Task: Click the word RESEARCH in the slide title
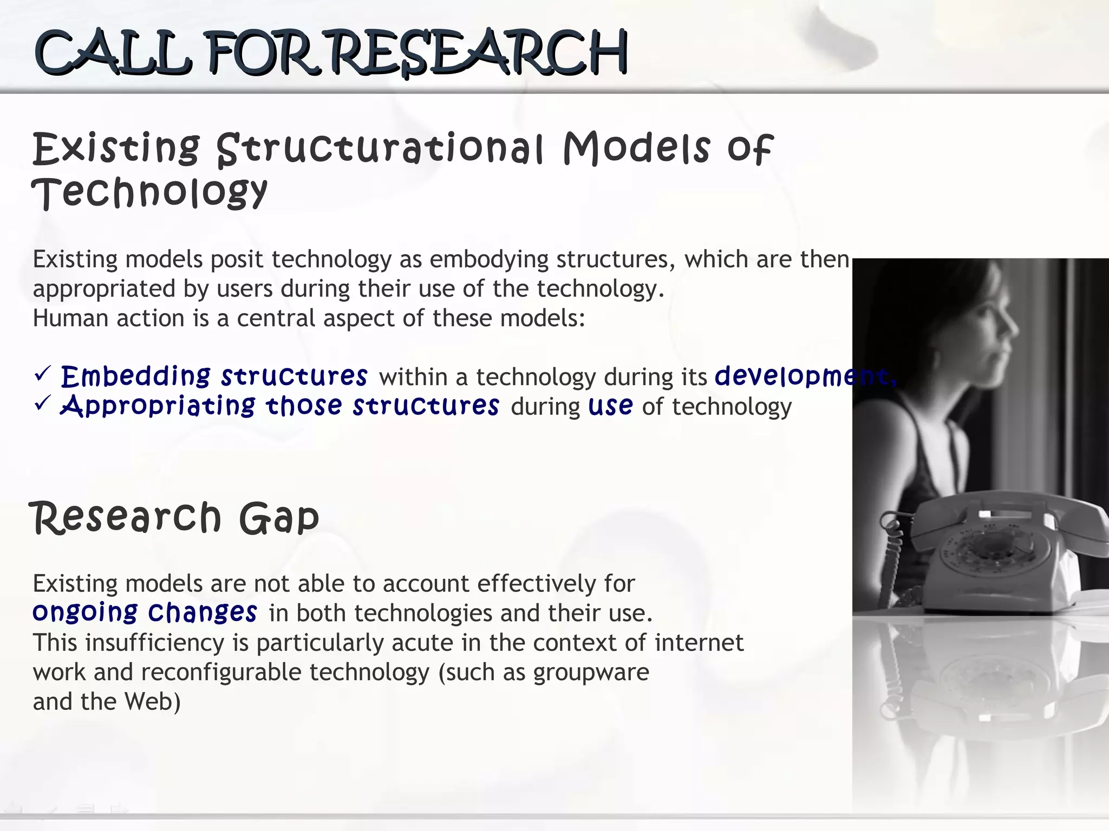(x=479, y=53)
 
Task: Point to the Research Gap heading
(x=174, y=518)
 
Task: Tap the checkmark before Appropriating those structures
(x=42, y=403)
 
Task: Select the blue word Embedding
(x=135, y=376)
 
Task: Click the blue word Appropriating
(x=158, y=406)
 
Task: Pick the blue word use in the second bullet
(x=610, y=406)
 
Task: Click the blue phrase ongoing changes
(x=145, y=612)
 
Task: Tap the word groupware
(x=591, y=672)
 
